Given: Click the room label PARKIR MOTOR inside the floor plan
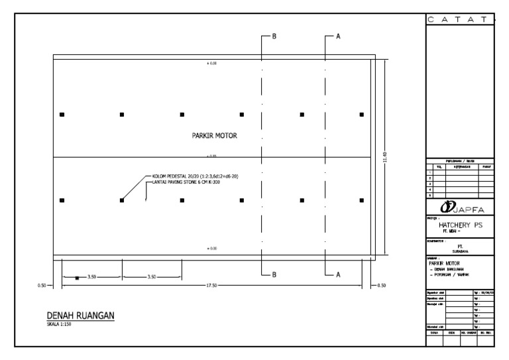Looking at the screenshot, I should pos(214,135).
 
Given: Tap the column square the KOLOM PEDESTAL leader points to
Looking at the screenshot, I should pos(122,200).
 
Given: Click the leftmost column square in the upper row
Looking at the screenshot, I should pos(62,115).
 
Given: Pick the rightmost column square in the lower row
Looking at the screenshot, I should pos(362,200).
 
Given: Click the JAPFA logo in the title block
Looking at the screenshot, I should pos(459,208).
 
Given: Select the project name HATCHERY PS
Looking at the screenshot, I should pos(460,225).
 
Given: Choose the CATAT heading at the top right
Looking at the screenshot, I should pos(459,21).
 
